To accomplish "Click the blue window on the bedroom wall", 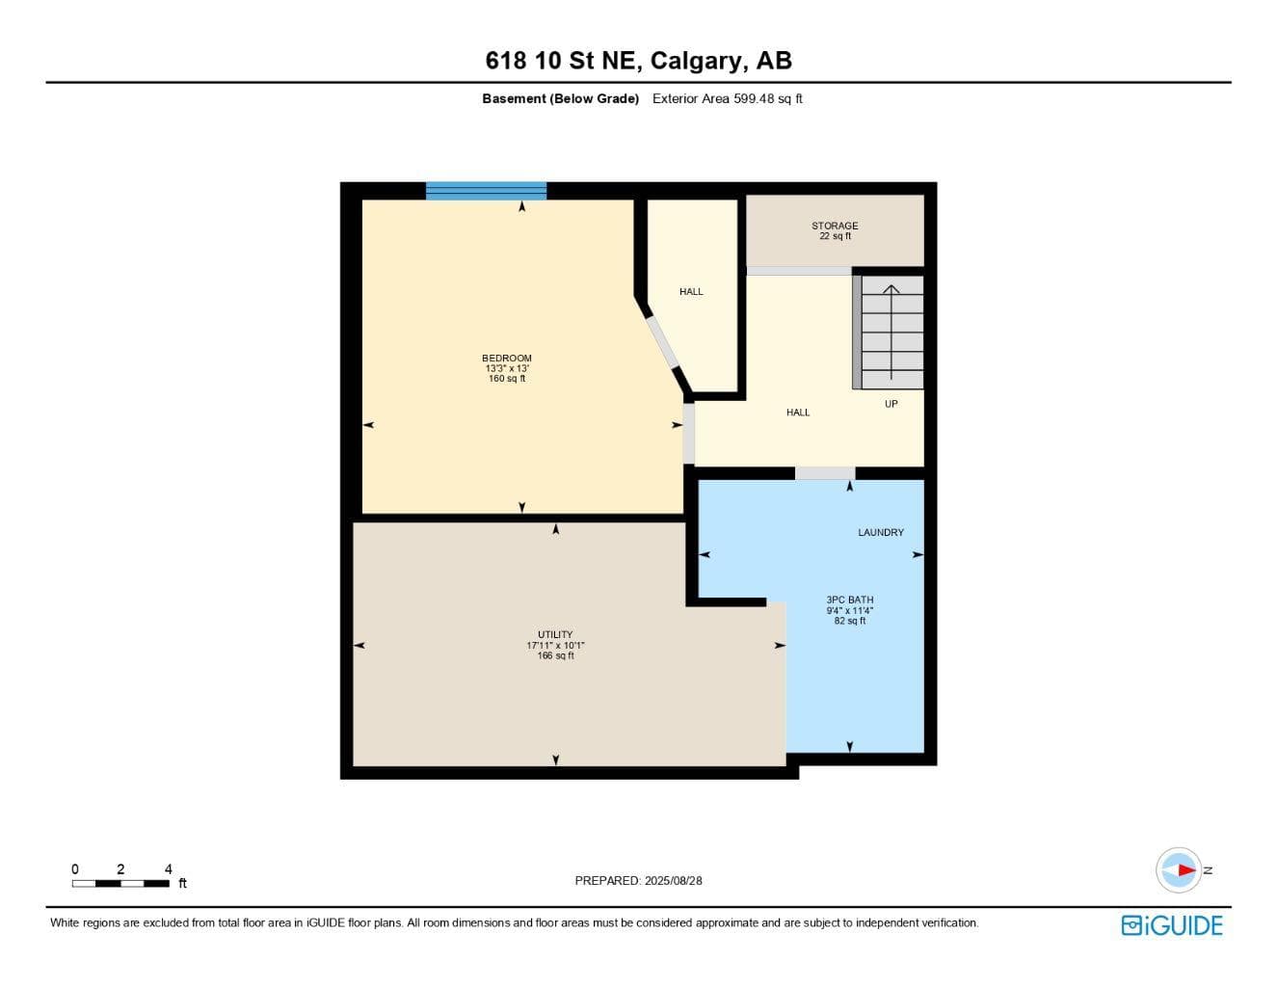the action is point(486,191).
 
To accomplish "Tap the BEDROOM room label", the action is point(507,358).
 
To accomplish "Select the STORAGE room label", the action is point(835,226).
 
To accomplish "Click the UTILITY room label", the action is point(555,634).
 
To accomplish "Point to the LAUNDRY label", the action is point(880,532).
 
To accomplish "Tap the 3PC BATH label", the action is point(850,600).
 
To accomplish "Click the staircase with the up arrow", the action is point(888,332).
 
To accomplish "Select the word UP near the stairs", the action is point(891,404).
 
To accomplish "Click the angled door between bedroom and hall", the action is point(663,342).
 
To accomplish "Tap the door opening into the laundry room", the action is point(825,473).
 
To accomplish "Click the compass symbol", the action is point(1179,870).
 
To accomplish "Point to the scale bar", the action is point(121,883).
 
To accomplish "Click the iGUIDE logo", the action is point(1172,925).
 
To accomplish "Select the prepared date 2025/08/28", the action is point(673,881).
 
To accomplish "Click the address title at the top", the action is point(638,61).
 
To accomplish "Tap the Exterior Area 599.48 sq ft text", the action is point(727,98).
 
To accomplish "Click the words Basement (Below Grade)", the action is point(560,98).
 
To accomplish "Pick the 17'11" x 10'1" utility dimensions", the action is point(555,645).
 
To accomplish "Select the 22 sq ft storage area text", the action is point(835,236).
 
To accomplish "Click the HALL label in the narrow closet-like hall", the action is point(691,291).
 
